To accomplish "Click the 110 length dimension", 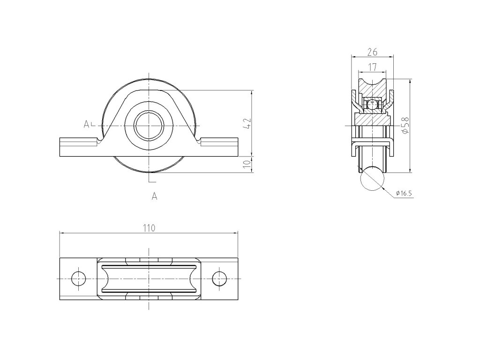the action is coord(149,228).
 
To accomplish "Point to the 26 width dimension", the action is coord(372,52).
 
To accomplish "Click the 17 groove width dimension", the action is coord(372,67).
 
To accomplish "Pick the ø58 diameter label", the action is coord(405,125).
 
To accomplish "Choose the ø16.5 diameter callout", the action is coord(404,193).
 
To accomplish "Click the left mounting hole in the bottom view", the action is coord(78,278).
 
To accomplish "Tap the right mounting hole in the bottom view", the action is coord(219,278).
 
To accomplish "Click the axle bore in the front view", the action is coord(149,126).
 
